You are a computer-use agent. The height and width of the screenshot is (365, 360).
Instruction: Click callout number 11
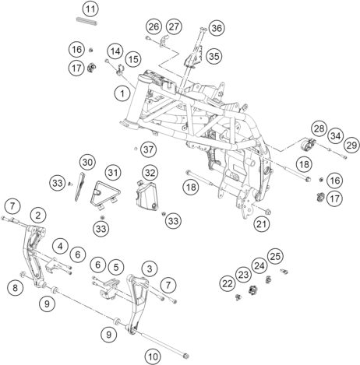90,9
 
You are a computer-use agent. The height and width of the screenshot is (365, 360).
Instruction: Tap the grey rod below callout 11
86,21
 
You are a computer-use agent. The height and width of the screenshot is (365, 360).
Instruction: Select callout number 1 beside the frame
122,93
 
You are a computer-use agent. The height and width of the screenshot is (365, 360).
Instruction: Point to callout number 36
217,28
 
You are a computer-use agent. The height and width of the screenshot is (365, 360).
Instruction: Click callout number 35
214,56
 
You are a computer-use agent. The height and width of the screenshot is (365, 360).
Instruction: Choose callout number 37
149,149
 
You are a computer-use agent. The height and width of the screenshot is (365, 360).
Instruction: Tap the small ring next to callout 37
136,149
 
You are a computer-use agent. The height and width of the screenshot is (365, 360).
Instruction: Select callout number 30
87,163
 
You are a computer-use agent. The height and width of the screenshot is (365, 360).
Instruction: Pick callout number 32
150,173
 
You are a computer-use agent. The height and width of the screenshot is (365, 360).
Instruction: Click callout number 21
262,224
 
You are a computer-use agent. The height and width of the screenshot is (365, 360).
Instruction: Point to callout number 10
153,356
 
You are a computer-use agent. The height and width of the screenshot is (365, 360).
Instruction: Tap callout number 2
38,215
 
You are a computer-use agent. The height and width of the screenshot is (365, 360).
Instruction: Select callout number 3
150,268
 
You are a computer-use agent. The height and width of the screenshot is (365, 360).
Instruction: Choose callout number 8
16,287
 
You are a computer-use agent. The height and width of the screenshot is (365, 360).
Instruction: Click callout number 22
228,284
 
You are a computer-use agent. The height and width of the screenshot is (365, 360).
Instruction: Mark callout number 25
275,256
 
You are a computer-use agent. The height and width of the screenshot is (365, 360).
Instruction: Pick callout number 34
335,135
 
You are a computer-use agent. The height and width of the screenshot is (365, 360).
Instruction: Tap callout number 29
351,146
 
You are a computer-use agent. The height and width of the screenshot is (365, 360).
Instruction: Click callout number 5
116,267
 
